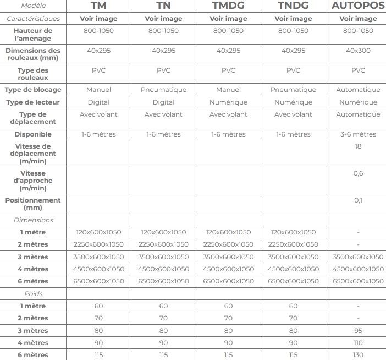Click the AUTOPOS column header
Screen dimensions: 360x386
358,6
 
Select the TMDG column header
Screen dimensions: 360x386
228,6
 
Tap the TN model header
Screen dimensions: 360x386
163,6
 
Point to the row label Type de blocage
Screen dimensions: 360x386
33,90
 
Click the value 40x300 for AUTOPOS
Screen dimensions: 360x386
358,51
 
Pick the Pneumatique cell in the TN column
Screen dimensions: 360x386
163,90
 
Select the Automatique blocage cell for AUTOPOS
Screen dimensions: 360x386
358,90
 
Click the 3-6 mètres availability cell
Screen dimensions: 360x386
358,134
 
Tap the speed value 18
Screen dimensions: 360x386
358,146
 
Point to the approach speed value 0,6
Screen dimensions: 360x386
358,173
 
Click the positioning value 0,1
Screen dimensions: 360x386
358,200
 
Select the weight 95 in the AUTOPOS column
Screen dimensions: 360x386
358,331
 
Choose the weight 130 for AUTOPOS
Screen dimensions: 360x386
358,355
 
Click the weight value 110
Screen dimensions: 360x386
358,343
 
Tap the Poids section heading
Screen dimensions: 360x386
33,294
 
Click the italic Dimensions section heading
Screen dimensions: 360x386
33,220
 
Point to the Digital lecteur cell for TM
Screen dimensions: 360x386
98,102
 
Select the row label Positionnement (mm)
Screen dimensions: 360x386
33,204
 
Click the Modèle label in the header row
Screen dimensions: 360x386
33,6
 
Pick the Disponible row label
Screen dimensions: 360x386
33,134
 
